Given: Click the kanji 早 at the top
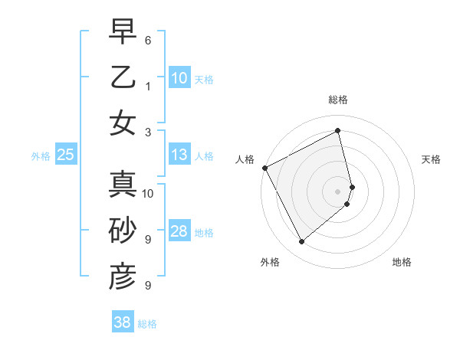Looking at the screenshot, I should click(123, 32).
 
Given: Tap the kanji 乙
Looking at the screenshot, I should click(123, 77).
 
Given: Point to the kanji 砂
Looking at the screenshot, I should click(123, 232).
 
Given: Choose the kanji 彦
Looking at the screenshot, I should click(123, 277).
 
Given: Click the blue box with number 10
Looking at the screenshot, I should click(179, 77).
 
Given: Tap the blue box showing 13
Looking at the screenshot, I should click(179, 155).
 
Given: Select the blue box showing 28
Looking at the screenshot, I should click(179, 232).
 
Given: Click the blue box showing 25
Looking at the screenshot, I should click(65, 155).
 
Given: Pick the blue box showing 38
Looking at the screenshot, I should click(122, 322).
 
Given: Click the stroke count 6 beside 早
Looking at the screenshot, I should click(148, 39).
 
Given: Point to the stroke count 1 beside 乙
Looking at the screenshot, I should click(148, 85).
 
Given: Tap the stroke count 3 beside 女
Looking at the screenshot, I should click(148, 131).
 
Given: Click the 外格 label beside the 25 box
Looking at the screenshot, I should click(41, 156).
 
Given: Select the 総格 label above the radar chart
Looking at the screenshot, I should click(337, 100).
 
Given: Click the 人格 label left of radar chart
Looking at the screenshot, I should click(245, 159).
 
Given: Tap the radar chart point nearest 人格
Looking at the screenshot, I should click(264, 168).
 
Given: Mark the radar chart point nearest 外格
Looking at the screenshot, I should click(301, 242).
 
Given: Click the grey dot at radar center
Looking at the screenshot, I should click(337, 191).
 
